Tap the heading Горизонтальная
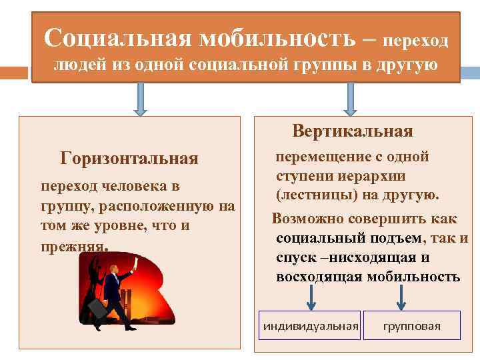pyautogui.click(x=129, y=159)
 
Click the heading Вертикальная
pyautogui.click(x=353, y=131)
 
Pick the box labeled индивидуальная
pyautogui.click(x=310, y=326)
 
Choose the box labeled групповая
pyautogui.click(x=411, y=326)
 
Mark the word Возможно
pyautogui.click(x=305, y=219)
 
